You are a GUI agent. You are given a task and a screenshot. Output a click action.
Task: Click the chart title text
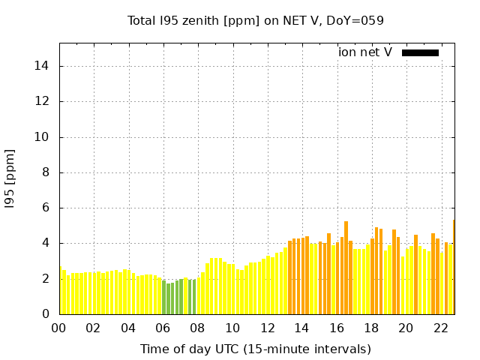pyautogui.click(x=256, y=20)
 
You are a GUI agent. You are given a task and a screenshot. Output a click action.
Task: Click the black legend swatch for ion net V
pyautogui.click(x=420, y=52)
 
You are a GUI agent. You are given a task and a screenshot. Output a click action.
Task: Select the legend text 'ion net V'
pyautogui.click(x=365, y=52)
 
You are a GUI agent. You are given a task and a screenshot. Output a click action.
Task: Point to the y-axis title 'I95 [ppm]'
pyautogui.click(x=10, y=178)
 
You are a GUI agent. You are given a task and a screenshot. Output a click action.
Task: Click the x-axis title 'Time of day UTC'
pyautogui.click(x=256, y=349)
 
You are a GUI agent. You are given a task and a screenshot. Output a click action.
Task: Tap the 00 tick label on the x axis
pyautogui.click(x=59, y=328)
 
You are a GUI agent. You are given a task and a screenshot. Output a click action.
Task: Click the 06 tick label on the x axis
pyautogui.click(x=163, y=328)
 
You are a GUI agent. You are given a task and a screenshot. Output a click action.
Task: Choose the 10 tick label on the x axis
pyautogui.click(x=232, y=328)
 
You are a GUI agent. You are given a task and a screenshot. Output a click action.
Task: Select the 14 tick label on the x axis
pyautogui.click(x=301, y=328)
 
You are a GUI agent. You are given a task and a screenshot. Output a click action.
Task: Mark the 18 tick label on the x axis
pyautogui.click(x=370, y=328)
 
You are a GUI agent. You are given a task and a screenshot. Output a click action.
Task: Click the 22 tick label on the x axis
pyautogui.click(x=440, y=328)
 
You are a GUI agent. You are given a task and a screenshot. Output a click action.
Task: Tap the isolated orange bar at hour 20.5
pyautogui.click(x=415, y=274)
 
